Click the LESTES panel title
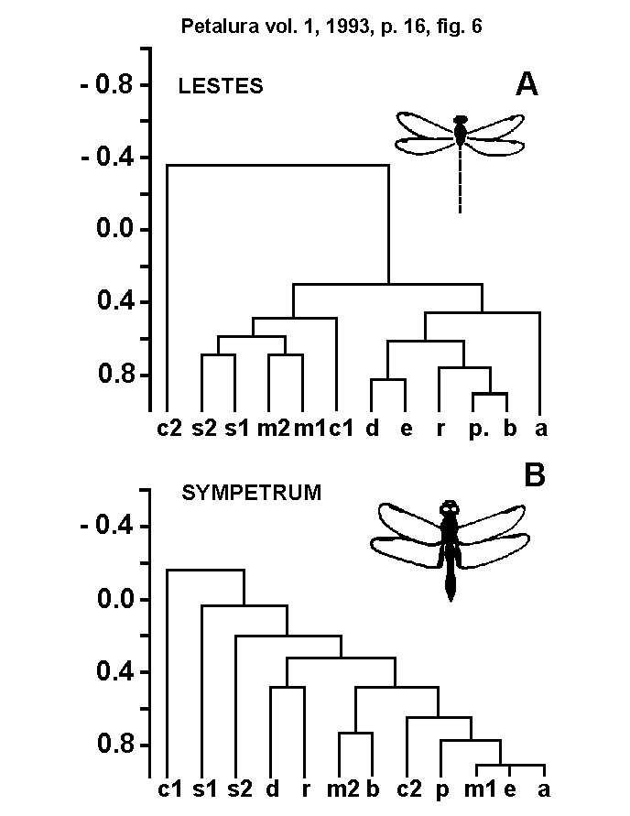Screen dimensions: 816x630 click(220, 87)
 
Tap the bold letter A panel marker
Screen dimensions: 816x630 click(527, 85)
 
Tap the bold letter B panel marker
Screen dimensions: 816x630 click(534, 475)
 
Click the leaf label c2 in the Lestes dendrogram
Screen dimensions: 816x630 click(168, 428)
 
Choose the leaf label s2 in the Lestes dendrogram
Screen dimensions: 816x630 click(202, 428)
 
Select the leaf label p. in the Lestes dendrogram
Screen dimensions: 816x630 click(475, 428)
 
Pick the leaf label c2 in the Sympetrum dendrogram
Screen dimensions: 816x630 click(407, 789)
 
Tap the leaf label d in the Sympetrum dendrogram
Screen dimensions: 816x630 click(271, 789)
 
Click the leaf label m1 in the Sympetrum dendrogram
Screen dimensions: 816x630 click(475, 789)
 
